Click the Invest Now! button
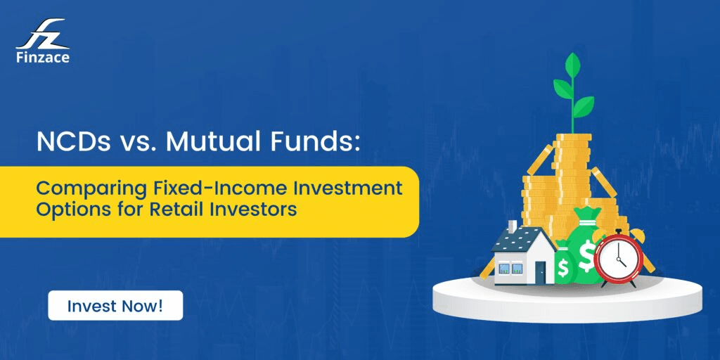pyautogui.click(x=115, y=306)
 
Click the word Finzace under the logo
pyautogui.click(x=42, y=58)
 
